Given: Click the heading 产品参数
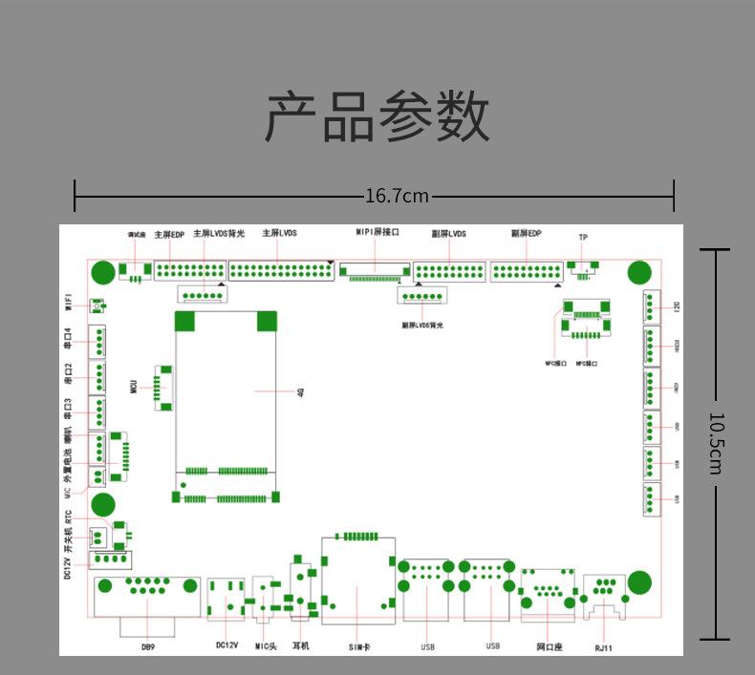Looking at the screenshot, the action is click(377, 118).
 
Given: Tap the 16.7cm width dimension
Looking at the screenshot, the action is click(398, 196).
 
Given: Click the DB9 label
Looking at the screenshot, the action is click(147, 647).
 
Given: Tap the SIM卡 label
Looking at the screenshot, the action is click(358, 647).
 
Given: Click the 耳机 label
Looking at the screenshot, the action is click(300, 646).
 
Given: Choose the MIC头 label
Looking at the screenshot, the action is click(266, 646).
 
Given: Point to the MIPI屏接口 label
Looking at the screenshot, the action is click(377, 232).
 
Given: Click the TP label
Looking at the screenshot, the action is click(583, 237).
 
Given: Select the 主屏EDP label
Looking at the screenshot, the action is click(169, 234).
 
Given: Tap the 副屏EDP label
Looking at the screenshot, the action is click(526, 233).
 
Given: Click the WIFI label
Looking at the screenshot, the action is click(69, 303).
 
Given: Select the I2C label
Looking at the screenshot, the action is click(677, 306).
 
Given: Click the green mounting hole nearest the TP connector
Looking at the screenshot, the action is click(638, 274).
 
